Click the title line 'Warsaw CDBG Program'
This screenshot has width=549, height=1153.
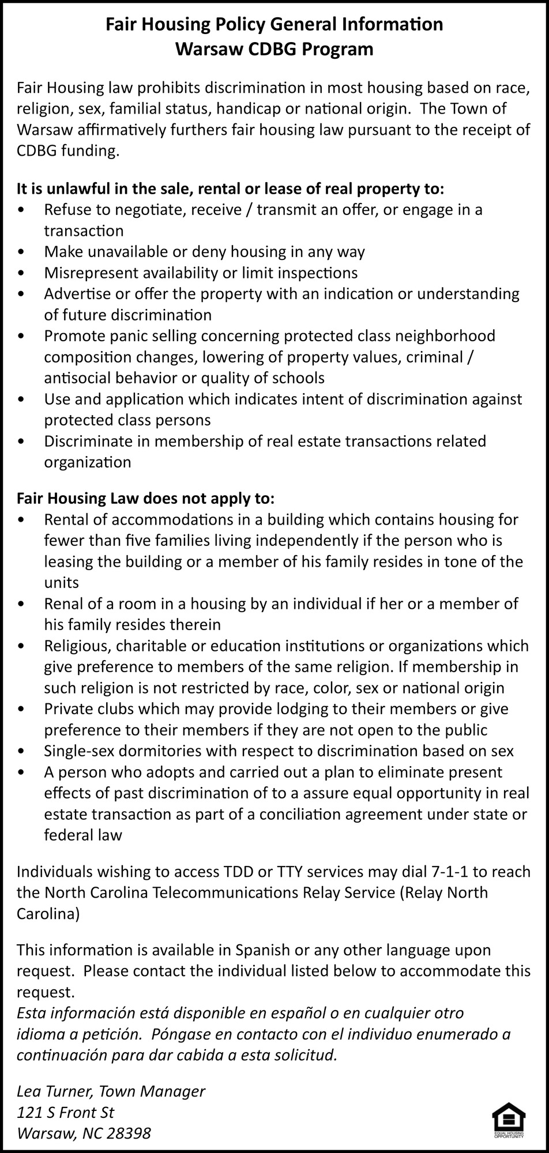pyautogui.click(x=274, y=49)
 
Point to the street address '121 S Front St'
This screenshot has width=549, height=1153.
pyautogui.click(x=65, y=1112)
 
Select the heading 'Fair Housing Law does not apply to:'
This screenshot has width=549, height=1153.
pyautogui.click(x=145, y=498)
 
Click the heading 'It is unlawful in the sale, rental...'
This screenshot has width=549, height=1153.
pyautogui.click(x=230, y=189)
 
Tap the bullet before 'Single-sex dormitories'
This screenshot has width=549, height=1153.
pyautogui.click(x=22, y=751)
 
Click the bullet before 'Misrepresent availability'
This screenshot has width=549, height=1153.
pyautogui.click(x=22, y=273)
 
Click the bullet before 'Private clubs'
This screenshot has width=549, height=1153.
pyautogui.click(x=22, y=709)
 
